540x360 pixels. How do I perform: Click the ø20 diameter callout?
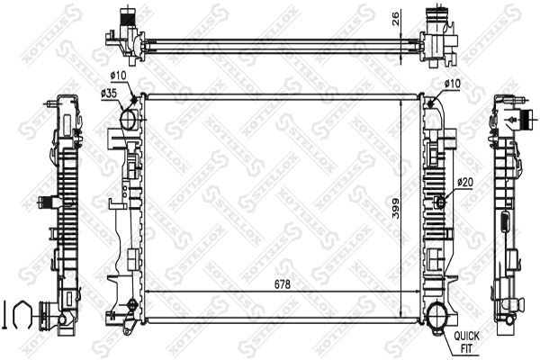coord(465,182)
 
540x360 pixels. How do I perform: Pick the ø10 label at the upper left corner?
coord(119,76)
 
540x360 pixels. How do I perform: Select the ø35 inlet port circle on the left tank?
coord(129,118)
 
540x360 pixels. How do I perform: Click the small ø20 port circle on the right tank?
coord(441,201)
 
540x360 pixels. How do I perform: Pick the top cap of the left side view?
coord(67,101)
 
